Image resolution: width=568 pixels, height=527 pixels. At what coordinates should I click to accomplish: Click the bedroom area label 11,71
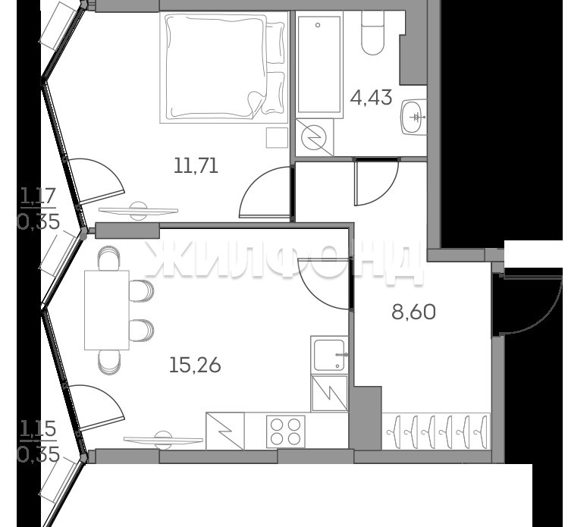pyautogui.click(x=196, y=166)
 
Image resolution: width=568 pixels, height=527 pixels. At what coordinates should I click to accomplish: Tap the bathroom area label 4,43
pyautogui.click(x=371, y=97)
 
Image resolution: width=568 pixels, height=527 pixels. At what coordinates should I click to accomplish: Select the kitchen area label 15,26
pyautogui.click(x=195, y=365)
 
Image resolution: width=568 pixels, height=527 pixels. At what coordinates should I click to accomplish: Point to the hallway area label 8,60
pyautogui.click(x=414, y=312)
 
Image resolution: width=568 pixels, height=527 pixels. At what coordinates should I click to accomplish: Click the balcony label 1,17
pyautogui.click(x=38, y=197)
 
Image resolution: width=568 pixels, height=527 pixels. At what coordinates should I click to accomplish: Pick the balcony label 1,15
pyautogui.click(x=38, y=430)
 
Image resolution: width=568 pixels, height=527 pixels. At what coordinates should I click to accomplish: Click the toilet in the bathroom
pyautogui.click(x=373, y=33)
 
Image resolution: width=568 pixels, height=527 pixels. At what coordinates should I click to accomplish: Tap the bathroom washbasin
pyautogui.click(x=414, y=117)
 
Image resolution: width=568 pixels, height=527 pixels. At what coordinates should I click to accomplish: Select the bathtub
pyautogui.click(x=319, y=64)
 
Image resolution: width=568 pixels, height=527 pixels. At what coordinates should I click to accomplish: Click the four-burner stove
pyautogui.click(x=285, y=431)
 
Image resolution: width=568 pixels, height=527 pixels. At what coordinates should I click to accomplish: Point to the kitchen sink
pyautogui.click(x=329, y=355)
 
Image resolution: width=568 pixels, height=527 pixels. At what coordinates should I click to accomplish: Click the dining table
pyautogui.click(x=107, y=310)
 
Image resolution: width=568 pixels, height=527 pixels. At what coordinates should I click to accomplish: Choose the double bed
pyautogui.click(x=224, y=67)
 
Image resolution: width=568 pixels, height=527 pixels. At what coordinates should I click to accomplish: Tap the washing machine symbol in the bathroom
pyautogui.click(x=315, y=138)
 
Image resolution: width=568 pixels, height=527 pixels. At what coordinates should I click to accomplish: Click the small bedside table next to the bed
pyautogui.click(x=277, y=138)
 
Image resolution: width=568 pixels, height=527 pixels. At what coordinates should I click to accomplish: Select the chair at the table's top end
pyautogui.click(x=108, y=258)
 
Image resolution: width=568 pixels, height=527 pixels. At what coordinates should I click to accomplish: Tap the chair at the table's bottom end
pyautogui.click(x=108, y=362)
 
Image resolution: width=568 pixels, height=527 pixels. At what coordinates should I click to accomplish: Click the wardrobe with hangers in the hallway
pyautogui.click(x=436, y=431)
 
